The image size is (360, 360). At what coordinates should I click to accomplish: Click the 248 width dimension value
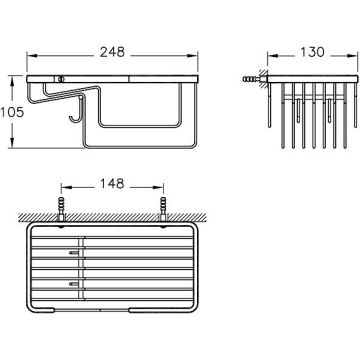[112, 52]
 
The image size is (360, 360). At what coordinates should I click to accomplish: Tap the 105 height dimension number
[12, 112]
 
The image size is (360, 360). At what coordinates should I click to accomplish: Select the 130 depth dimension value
[312, 52]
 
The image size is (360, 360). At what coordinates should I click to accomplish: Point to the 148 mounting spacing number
[112, 183]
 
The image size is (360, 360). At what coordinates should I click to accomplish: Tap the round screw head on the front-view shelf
[60, 79]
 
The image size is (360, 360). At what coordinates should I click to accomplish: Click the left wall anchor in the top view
[61, 208]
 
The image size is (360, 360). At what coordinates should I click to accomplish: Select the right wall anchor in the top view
[163, 208]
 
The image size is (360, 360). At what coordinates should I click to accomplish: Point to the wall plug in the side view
[251, 79]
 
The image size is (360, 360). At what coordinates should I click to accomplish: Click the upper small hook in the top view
[74, 253]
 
